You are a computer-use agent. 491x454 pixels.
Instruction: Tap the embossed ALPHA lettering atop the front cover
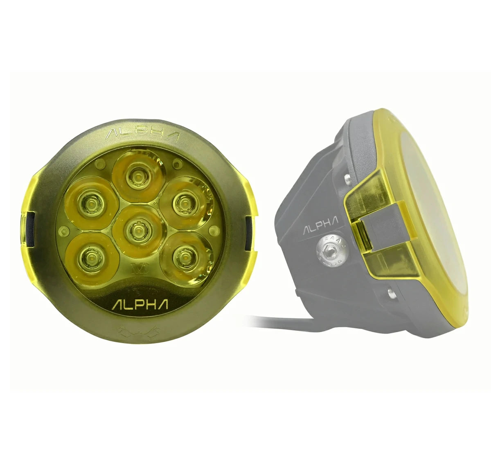pos(142,135)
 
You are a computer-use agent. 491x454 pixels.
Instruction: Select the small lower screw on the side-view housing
pos(390,291)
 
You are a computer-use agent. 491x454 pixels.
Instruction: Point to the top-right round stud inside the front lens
pos(176,164)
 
